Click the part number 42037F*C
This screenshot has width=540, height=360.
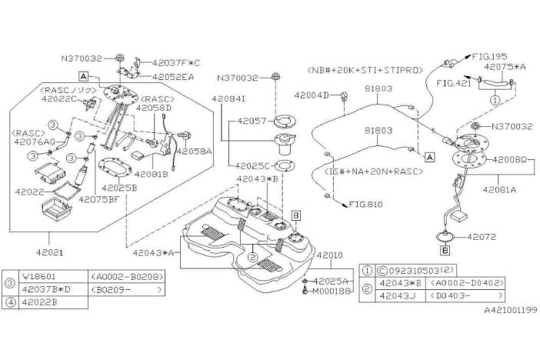[x=175, y=62]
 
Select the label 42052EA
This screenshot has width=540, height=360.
[x=173, y=77]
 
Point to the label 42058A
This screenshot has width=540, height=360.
[x=195, y=152]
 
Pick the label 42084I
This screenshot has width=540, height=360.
[x=229, y=99]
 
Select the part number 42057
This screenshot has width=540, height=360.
[x=246, y=122]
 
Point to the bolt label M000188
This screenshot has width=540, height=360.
[x=332, y=291]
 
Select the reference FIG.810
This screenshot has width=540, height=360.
[x=366, y=205]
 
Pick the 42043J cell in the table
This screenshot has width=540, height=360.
[x=395, y=295]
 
